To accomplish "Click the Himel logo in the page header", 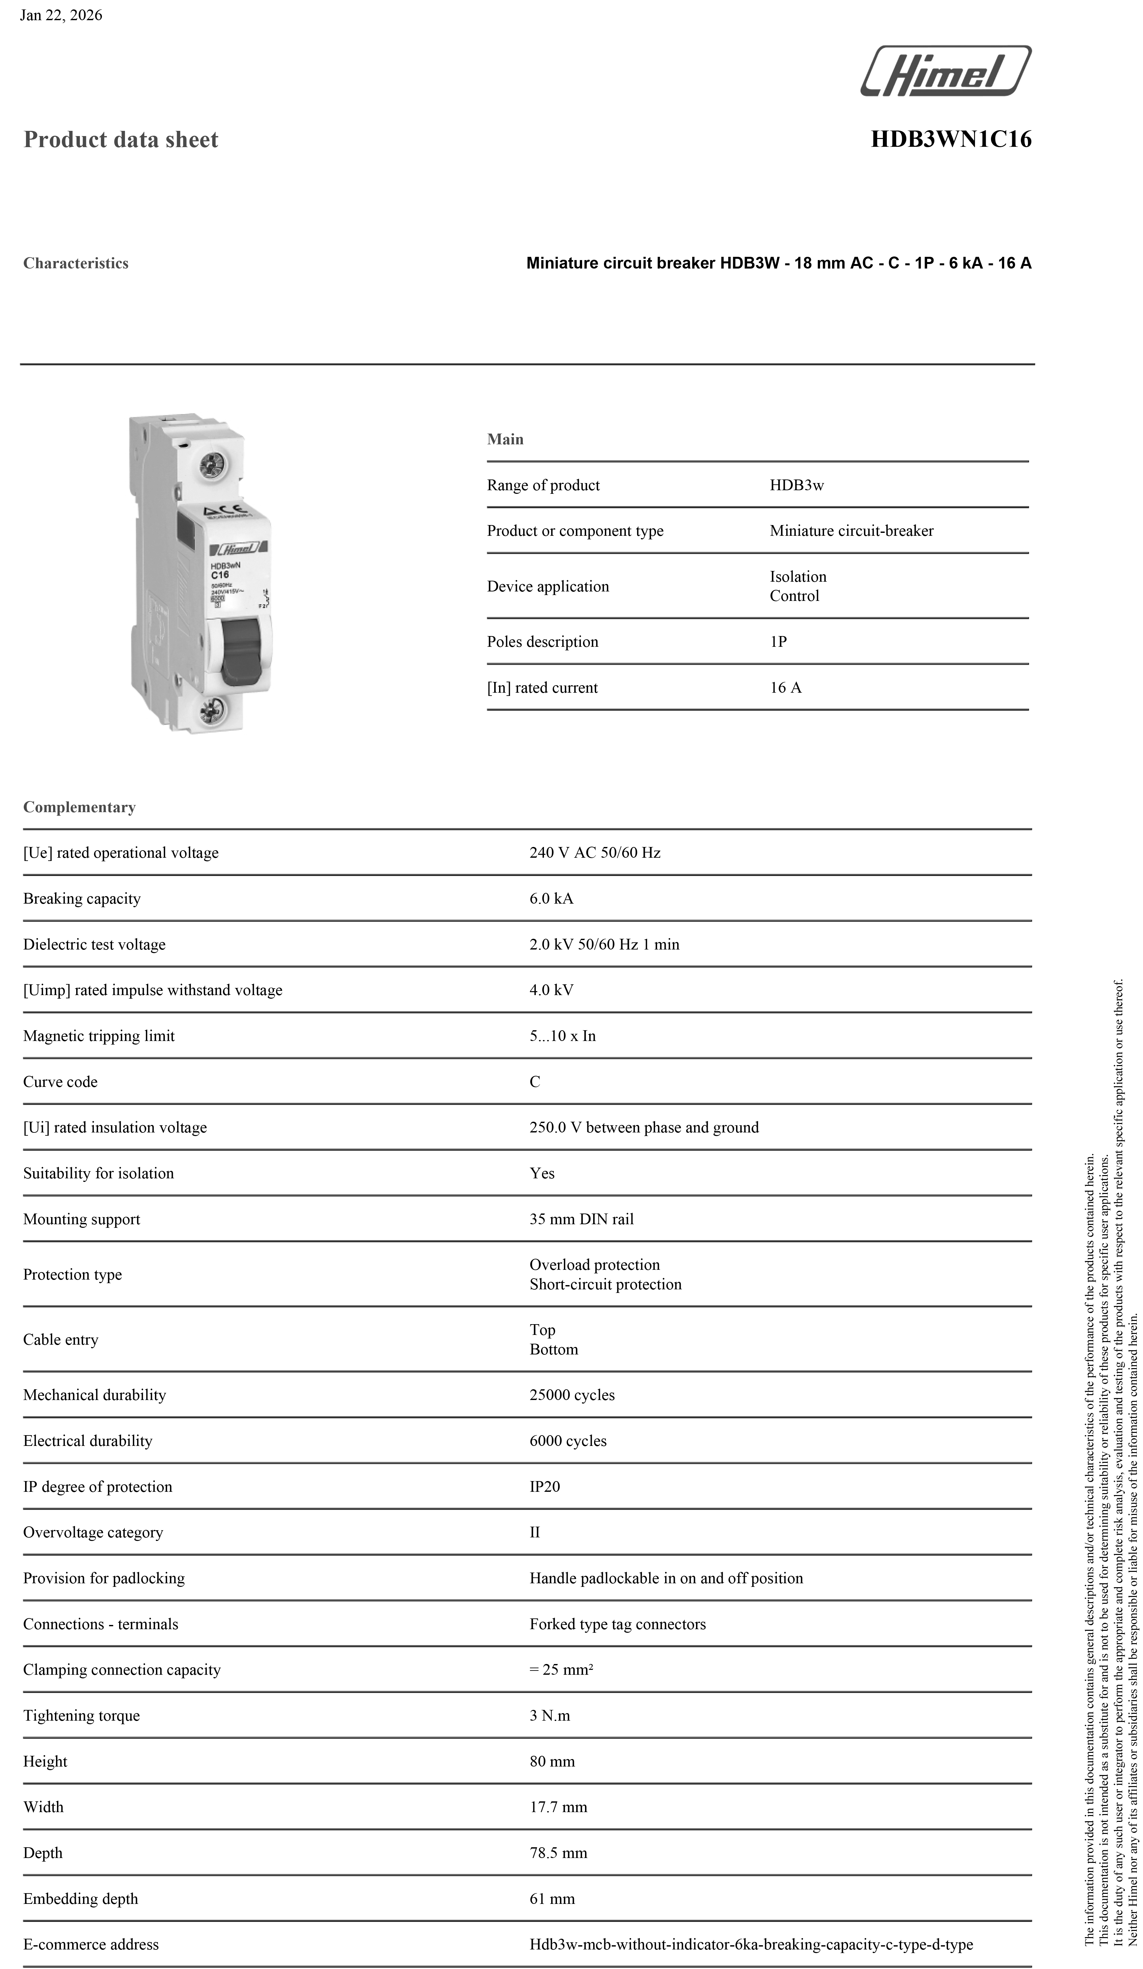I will [945, 71].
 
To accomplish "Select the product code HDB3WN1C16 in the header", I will [951, 139].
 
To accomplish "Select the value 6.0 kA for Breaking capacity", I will [551, 898].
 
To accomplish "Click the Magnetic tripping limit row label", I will [98, 1036].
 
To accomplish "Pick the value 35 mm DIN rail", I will [581, 1219].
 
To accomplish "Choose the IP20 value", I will [545, 1486].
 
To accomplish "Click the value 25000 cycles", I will [572, 1395].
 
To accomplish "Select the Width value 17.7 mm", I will [558, 1807].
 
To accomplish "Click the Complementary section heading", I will [79, 807].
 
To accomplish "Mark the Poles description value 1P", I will [778, 642].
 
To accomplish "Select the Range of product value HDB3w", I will [796, 485].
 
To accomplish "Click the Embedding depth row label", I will [80, 1899].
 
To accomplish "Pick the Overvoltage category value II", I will [535, 1532].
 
